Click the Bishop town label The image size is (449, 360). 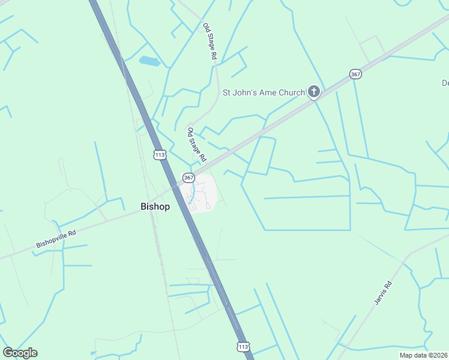point(155,206)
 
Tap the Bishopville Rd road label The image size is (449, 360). point(56,236)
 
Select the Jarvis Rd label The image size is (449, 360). point(383,293)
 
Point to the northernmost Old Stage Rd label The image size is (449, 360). point(209,41)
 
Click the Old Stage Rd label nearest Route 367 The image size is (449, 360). point(196,145)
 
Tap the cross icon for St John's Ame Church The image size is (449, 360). point(313,92)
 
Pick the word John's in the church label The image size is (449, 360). point(246,92)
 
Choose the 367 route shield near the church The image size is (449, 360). point(355,74)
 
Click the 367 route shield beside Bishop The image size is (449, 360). point(188,178)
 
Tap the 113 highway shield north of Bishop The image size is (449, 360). point(159,155)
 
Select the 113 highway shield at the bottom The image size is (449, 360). point(243,347)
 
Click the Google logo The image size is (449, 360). point(20,353)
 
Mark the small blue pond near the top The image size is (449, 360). point(148,61)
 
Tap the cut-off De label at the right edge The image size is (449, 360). point(445,83)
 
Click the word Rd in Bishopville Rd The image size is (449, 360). point(73,232)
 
